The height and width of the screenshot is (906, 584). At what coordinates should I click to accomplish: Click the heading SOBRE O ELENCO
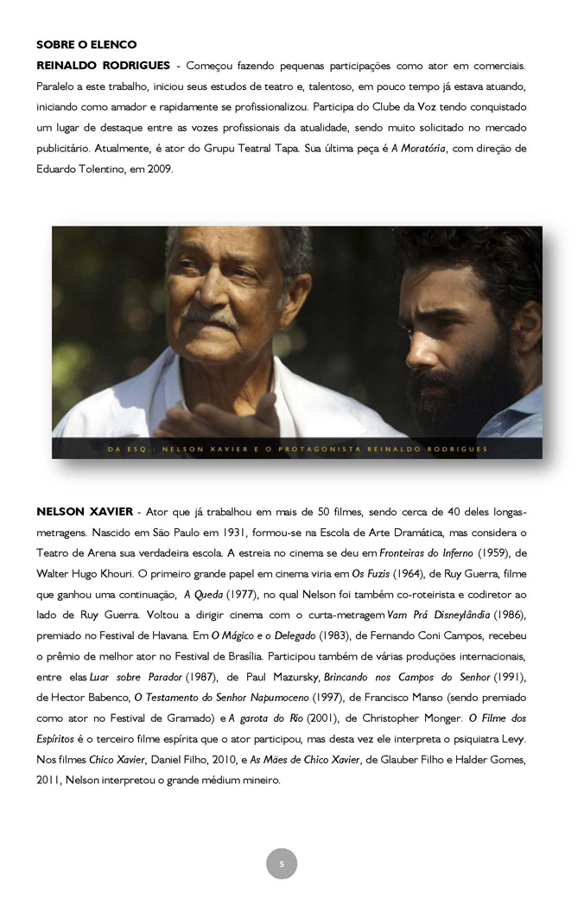86,44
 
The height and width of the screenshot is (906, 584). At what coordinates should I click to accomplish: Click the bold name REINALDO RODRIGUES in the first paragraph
103,65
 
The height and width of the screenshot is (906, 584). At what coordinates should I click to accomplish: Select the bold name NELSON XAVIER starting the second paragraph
85,511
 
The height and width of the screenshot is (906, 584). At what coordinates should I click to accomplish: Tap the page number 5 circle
281,864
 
